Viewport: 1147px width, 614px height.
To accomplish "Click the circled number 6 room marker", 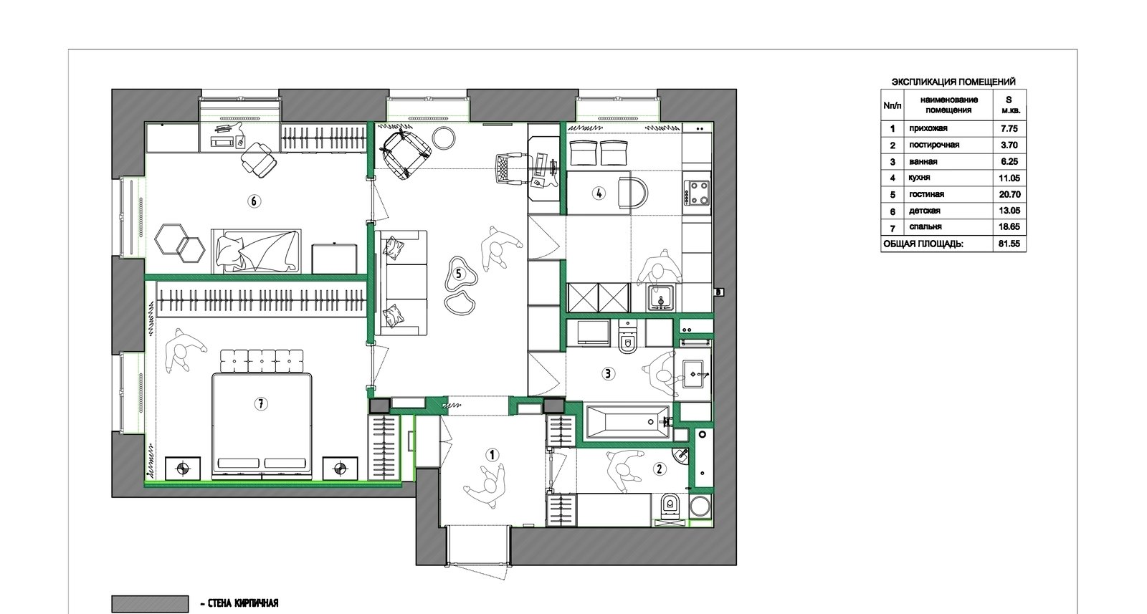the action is [254, 201].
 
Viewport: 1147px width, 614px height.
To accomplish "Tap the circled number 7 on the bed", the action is [261, 404].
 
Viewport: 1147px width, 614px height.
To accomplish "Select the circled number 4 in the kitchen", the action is [599, 193].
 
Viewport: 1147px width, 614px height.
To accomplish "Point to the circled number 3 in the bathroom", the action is [608, 373].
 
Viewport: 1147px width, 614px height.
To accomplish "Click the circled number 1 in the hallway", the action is [492, 455].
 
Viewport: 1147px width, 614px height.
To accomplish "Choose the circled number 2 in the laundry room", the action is [660, 468].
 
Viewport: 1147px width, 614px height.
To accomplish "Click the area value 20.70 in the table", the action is [1009, 194].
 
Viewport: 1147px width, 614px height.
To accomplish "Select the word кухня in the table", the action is [920, 178].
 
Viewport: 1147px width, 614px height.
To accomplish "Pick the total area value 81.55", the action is [1009, 244].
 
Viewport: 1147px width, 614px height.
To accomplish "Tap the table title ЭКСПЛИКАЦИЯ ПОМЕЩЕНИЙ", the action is [953, 82].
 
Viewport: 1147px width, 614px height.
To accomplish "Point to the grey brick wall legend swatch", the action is [150, 604].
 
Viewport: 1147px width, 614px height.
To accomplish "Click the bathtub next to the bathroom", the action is [627, 422].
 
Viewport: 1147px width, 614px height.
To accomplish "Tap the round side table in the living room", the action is [444, 138].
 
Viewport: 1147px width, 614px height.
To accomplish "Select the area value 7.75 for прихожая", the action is [1009, 129].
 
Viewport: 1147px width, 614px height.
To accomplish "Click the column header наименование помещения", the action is [949, 105].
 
